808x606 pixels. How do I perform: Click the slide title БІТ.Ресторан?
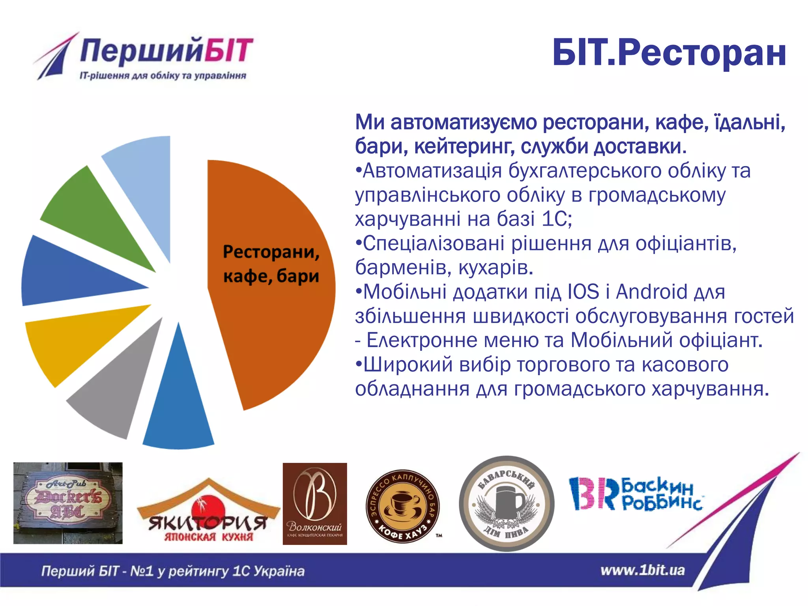[669, 53]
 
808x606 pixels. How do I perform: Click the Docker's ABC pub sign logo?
[68, 503]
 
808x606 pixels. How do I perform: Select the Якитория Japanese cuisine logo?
[208, 513]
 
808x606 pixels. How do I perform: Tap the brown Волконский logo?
[315, 504]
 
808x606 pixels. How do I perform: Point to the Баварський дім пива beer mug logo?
[507, 504]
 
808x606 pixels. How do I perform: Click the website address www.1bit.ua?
[642, 570]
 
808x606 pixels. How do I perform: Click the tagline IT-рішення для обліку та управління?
[163, 76]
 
